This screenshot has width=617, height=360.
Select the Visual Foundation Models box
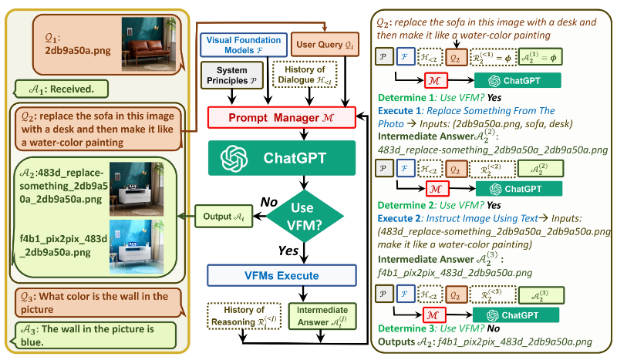[x=243, y=44]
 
